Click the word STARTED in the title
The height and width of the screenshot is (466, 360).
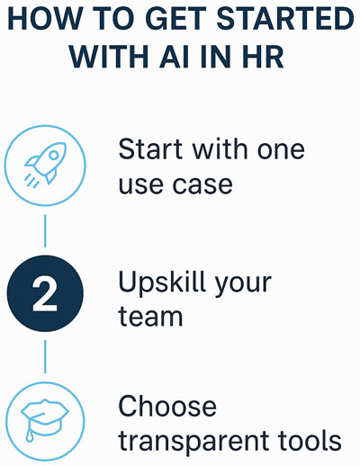coord(285,19)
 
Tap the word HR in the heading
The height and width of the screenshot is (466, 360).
coord(263,56)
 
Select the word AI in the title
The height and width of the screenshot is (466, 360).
coord(174,56)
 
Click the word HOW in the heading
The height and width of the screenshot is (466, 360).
coord(44,19)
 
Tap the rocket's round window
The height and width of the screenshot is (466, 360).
coord(54,155)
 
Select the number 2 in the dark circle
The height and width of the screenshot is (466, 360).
coord(45,293)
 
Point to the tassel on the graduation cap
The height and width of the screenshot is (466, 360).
coord(29,432)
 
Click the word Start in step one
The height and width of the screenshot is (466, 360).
coord(150,148)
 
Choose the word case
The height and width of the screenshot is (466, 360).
coord(202,184)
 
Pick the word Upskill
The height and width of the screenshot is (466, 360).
coord(162,282)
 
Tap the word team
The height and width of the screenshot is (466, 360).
coord(150,317)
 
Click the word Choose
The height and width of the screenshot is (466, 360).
coord(167,406)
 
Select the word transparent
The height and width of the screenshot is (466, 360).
coord(193,442)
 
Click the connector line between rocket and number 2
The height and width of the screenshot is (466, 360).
coord(45,231)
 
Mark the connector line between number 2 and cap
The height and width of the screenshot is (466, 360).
coord(45,356)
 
